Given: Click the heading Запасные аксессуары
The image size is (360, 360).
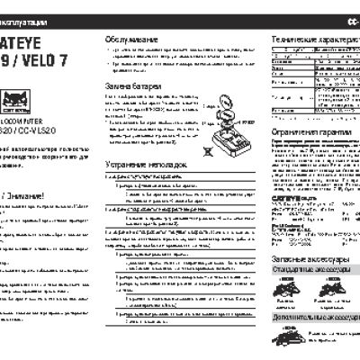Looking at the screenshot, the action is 307,283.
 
